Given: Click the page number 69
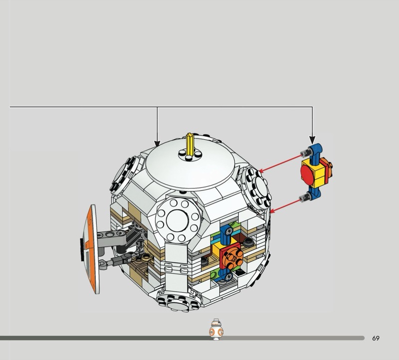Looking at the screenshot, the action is pos(376,338).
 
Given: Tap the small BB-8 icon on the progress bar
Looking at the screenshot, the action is pos(216,330).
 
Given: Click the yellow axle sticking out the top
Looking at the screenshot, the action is pos(190,144).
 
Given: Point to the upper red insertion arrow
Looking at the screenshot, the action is pos(280,164).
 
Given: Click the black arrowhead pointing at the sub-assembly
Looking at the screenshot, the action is pos(312,140).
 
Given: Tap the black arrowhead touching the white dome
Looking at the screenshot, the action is pos(157,143).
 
